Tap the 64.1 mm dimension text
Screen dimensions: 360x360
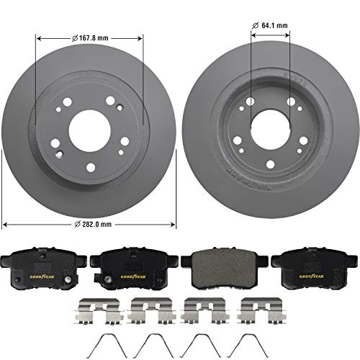(274, 25)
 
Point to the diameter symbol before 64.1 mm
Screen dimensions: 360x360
(256, 25)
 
